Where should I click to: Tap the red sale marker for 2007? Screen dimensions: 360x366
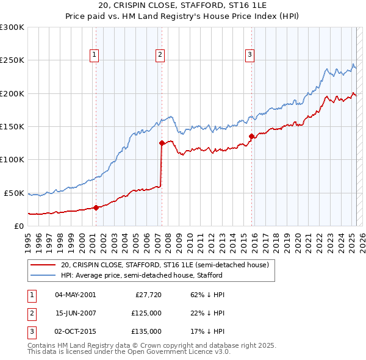click(162, 143)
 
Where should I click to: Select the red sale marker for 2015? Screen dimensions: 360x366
click(251, 137)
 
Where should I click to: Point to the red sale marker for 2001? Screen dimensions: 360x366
click(96, 207)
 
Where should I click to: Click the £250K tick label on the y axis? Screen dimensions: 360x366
click(12, 60)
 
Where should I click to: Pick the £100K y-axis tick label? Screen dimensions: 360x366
click(12, 159)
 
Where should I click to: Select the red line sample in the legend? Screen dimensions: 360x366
click(43, 265)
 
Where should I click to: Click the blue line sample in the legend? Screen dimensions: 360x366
click(43, 275)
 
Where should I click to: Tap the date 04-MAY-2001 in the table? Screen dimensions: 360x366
click(76, 295)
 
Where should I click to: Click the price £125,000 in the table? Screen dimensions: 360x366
click(147, 313)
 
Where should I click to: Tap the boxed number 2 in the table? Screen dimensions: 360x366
click(30, 313)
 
